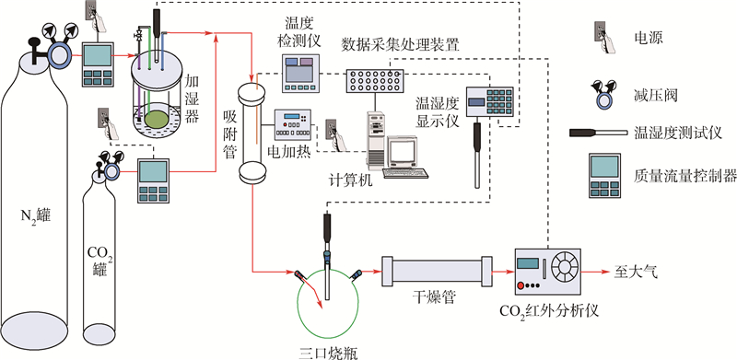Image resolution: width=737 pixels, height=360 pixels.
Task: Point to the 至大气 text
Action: (636, 273)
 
